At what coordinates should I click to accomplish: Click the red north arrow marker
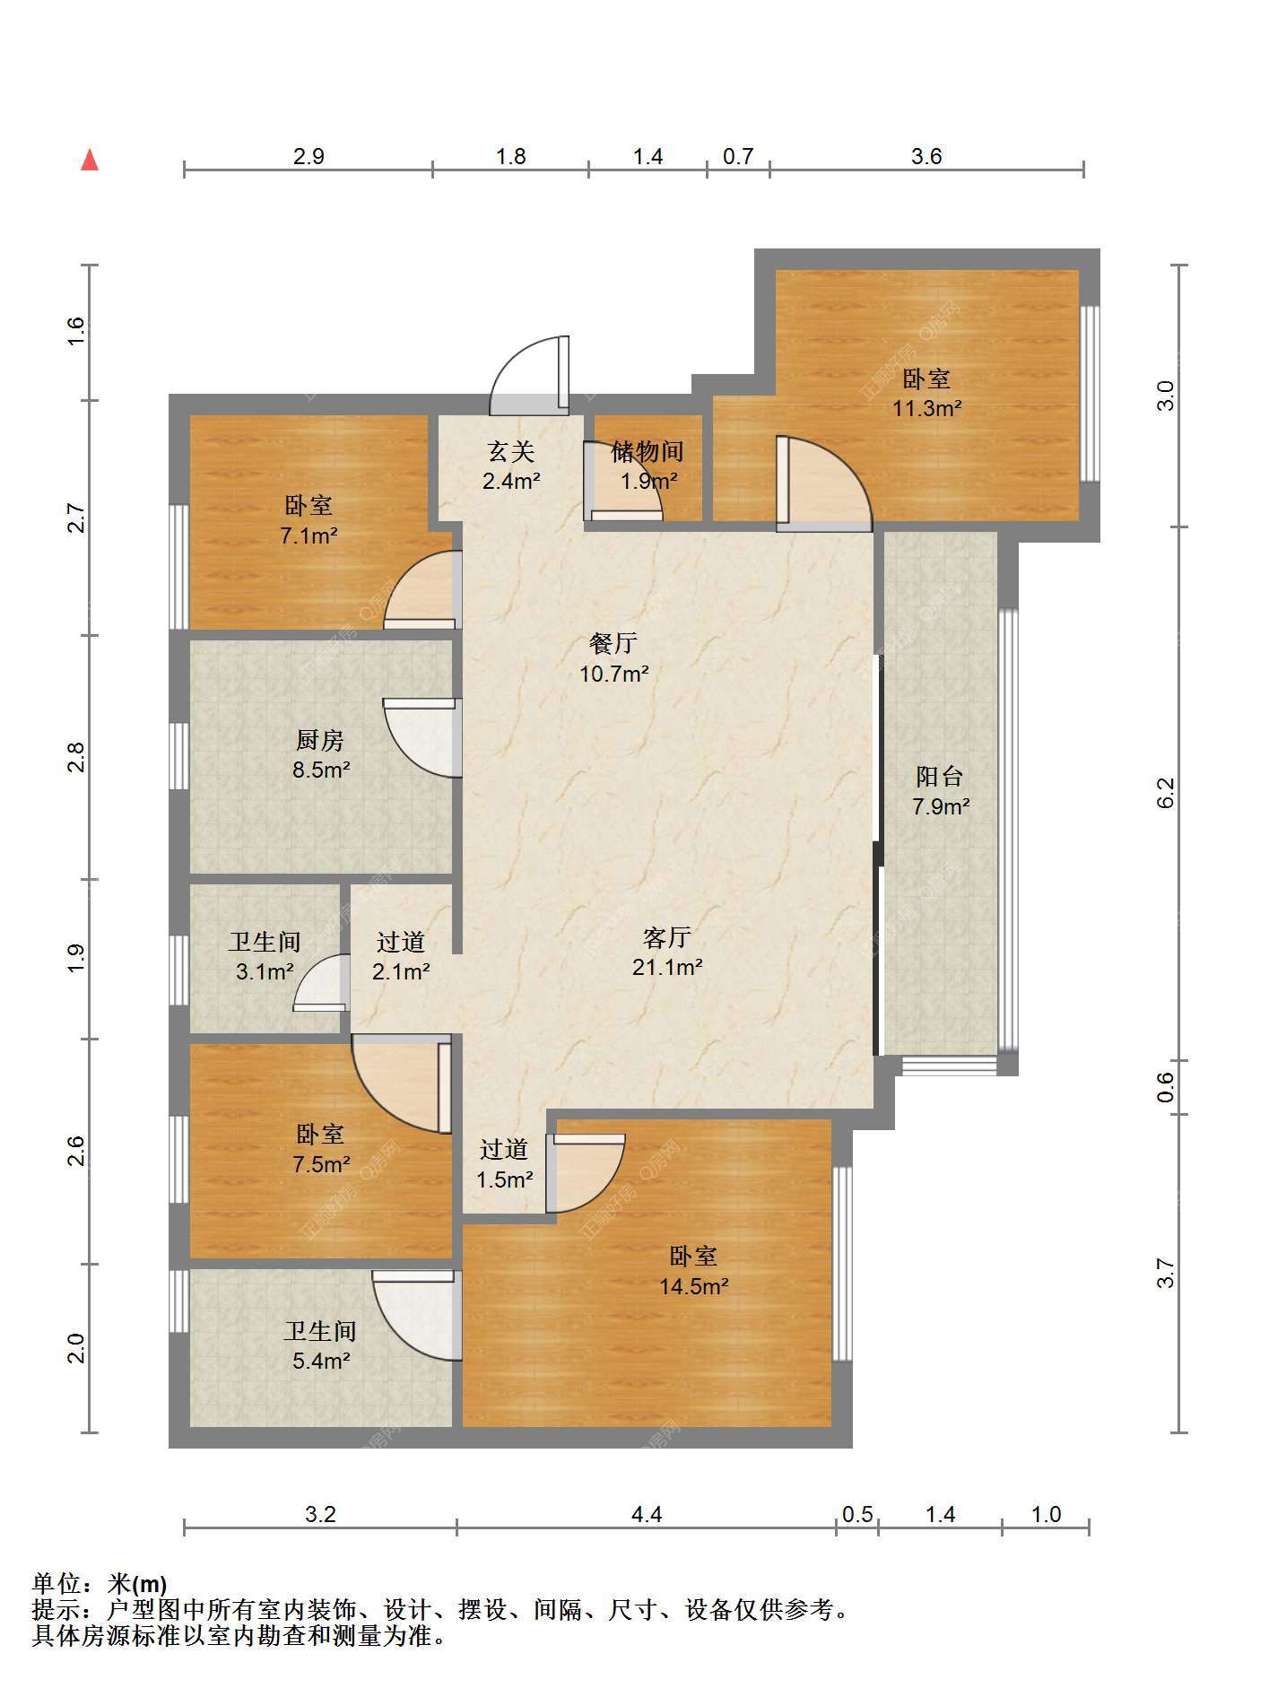coord(90,161)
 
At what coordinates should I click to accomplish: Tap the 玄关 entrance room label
coord(511,451)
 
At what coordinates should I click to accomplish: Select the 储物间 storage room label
coord(648,451)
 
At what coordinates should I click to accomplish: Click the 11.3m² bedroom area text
coord(926,409)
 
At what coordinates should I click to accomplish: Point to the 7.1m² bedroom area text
coord(309,536)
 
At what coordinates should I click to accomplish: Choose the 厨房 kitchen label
coord(320,740)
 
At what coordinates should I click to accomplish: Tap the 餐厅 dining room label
coord(613,643)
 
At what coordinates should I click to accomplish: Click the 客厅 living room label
coord(667,937)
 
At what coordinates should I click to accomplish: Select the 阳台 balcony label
coord(940,776)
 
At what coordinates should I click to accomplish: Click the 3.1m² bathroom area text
coord(265,971)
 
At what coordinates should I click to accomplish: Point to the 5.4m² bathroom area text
coord(321,1361)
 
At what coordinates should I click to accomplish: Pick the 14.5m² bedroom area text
coord(693,1286)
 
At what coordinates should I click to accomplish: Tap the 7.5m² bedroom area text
coord(321,1164)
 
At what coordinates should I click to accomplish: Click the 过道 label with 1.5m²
coord(504,1149)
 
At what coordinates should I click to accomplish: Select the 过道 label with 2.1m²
coord(401,942)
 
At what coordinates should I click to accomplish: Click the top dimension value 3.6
coord(926,156)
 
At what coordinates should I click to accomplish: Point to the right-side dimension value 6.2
coord(1165,792)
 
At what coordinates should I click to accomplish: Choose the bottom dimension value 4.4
coord(647,1514)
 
